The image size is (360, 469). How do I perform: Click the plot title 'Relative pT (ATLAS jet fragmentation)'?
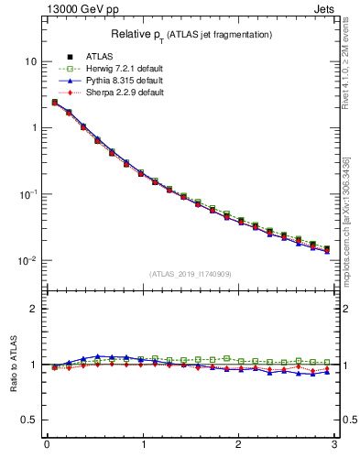click(191, 34)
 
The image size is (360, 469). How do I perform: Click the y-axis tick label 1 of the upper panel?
click(33, 128)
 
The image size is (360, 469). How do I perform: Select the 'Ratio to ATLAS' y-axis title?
click(12, 365)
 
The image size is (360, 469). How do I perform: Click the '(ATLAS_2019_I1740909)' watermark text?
click(191, 274)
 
